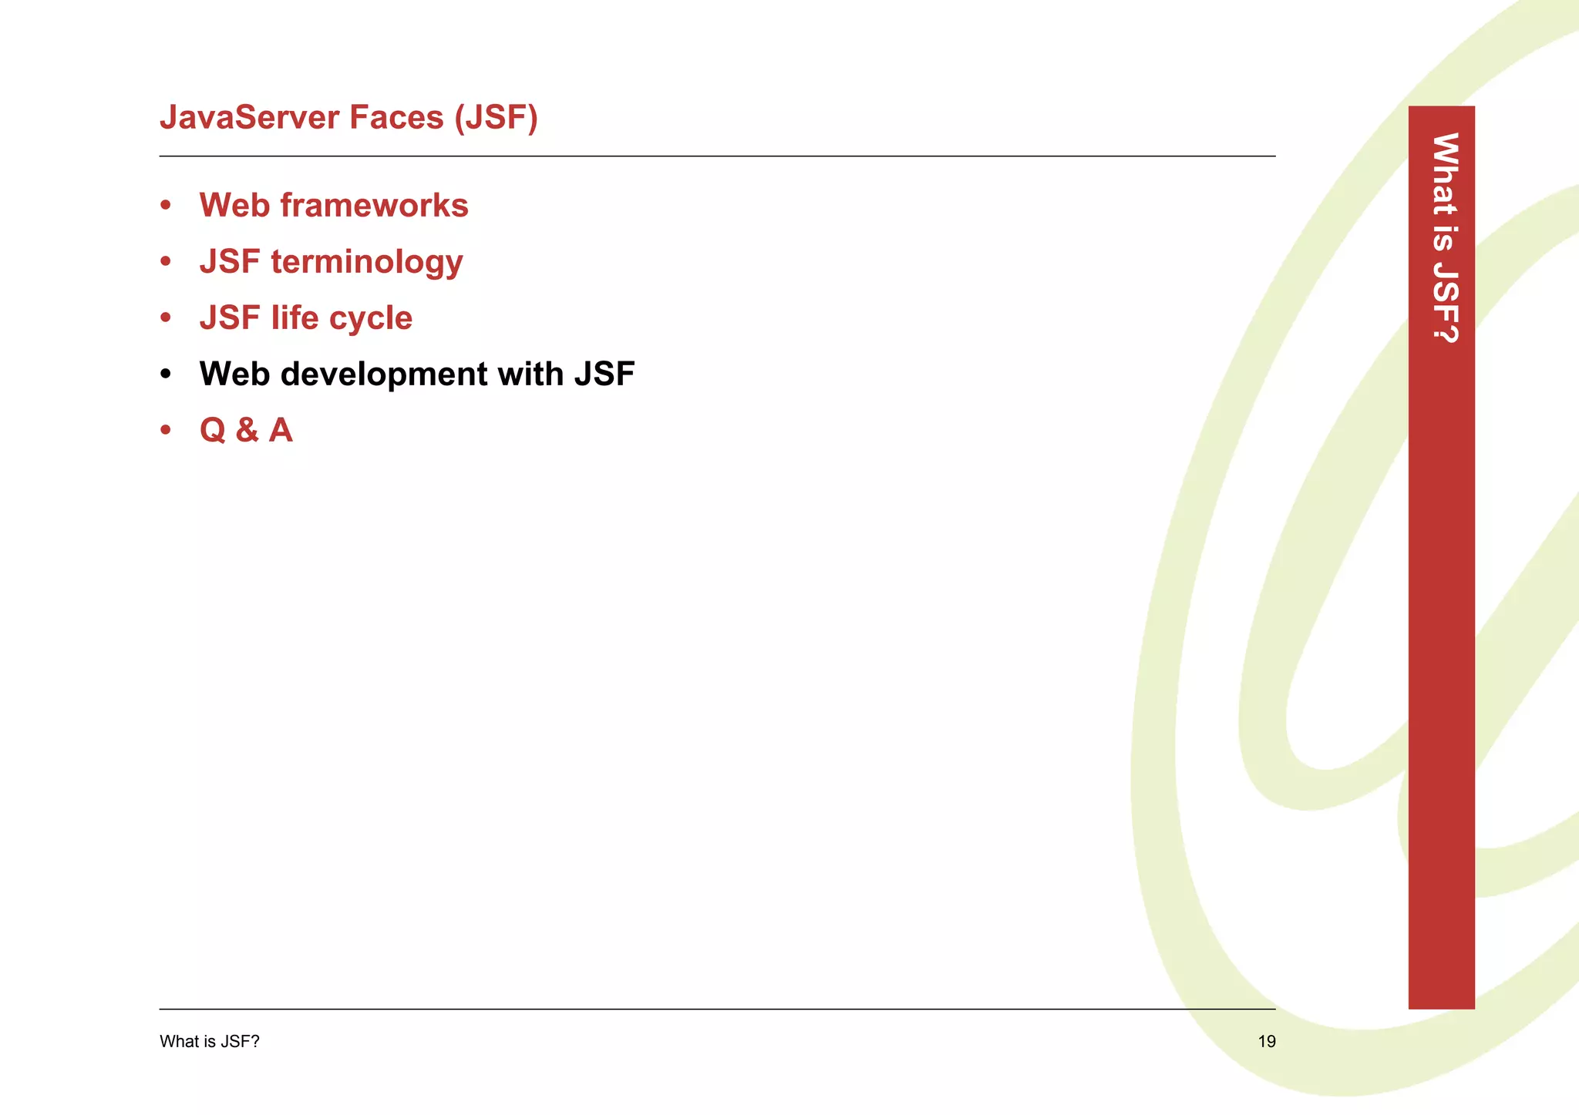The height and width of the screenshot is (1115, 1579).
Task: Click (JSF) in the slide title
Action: point(496,118)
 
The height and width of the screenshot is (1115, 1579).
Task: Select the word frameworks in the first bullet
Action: point(374,206)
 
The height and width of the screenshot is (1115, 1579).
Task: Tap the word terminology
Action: point(366,262)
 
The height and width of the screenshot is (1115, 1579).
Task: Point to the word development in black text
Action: point(383,374)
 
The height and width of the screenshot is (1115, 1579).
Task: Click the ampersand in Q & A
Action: point(247,431)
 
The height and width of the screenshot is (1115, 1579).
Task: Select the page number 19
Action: point(1266,1042)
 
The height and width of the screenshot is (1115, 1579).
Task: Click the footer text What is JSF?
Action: point(209,1042)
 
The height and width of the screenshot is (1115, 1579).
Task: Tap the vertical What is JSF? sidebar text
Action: point(1444,237)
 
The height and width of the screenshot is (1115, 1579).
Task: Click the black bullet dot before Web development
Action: point(165,374)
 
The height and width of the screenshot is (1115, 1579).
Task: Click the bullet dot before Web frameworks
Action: point(165,206)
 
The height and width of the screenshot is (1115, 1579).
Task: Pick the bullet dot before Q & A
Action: point(165,431)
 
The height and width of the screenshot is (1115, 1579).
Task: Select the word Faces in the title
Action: point(396,118)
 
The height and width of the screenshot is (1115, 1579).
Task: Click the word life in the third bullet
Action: point(295,318)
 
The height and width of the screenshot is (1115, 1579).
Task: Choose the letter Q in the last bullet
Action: point(213,431)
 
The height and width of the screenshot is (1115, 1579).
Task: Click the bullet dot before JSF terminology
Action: point(165,262)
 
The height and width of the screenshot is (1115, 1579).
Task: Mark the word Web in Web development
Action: point(234,374)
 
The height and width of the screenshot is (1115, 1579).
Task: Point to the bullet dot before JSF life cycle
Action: point(165,318)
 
